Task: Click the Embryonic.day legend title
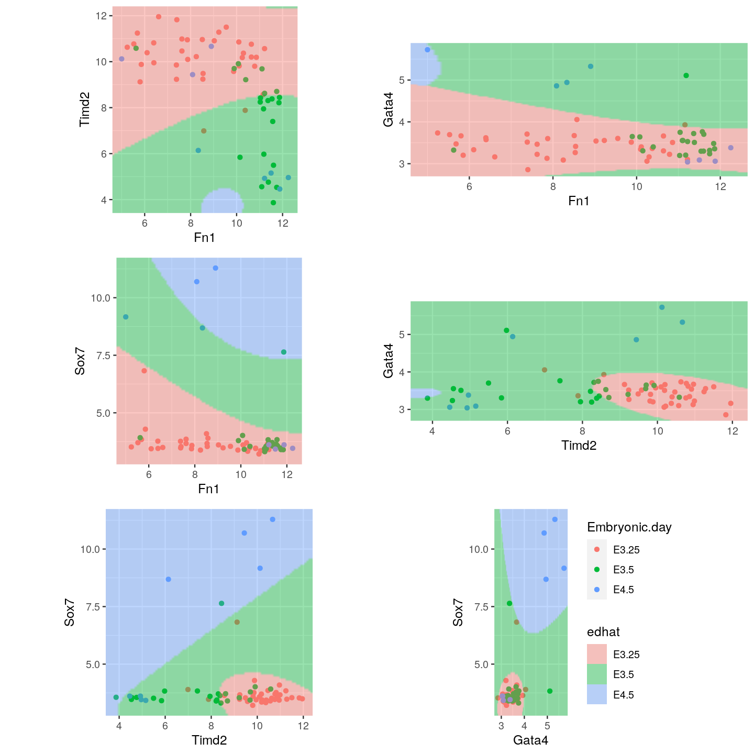click(629, 527)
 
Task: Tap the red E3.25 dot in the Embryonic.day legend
click(597, 550)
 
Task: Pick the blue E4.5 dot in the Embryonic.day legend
click(597, 590)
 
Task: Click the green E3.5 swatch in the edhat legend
click(597, 674)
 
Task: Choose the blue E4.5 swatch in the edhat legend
click(597, 694)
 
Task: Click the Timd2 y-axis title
click(85, 109)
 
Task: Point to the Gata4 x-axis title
click(530, 740)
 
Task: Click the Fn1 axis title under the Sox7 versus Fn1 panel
click(208, 489)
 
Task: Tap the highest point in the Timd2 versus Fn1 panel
click(159, 17)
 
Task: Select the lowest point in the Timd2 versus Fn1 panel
click(273, 203)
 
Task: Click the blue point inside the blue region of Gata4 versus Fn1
click(427, 50)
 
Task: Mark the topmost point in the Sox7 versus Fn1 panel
click(215, 268)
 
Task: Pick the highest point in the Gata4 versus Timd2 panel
click(662, 307)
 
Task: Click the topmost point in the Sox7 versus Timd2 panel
click(272, 519)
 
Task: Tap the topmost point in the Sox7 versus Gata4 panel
click(555, 519)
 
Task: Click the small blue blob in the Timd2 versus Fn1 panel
click(223, 202)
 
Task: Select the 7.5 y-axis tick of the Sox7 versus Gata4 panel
click(480, 607)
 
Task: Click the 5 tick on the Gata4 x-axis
click(547, 726)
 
